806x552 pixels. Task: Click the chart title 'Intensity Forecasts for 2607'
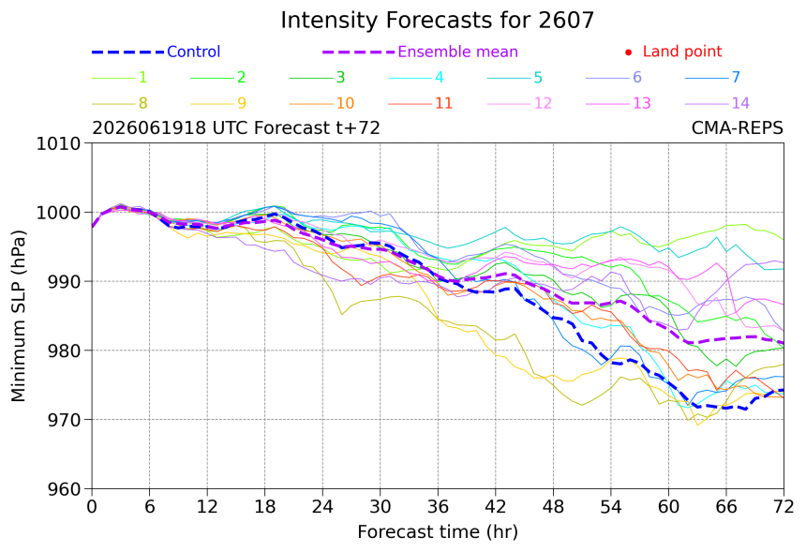[438, 21]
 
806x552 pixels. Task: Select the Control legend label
[193, 52]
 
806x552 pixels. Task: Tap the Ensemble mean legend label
[457, 52]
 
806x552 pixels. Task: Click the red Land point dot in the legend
[628, 52]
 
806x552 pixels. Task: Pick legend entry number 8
[142, 103]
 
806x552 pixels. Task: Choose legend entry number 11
[443, 103]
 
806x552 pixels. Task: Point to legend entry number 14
[740, 103]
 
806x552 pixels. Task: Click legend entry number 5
[538, 78]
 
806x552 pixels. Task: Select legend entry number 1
[142, 78]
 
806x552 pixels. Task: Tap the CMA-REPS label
[738, 127]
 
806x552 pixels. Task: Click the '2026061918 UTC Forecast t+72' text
[236, 127]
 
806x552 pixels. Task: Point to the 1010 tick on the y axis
[58, 143]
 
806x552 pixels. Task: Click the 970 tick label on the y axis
[64, 420]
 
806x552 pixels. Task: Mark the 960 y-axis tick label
[64, 489]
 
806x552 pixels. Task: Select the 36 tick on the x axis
[438, 507]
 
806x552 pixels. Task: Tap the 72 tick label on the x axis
[784, 507]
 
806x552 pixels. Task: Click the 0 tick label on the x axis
[92, 507]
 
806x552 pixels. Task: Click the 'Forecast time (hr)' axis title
[438, 531]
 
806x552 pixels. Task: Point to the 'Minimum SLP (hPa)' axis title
[18, 316]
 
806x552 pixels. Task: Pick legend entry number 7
[736, 78]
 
